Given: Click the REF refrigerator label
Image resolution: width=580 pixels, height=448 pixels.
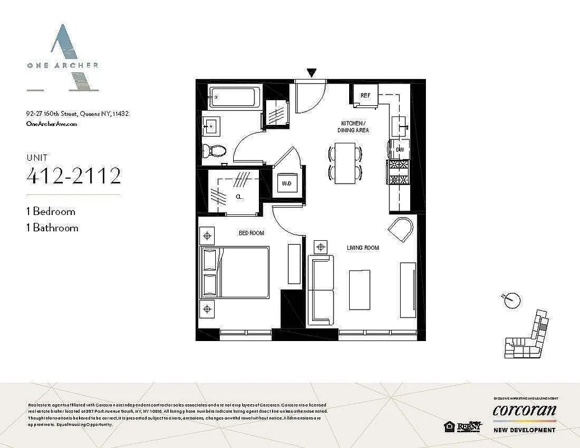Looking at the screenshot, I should (365, 96).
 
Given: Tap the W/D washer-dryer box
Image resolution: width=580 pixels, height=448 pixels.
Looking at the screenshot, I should (286, 183).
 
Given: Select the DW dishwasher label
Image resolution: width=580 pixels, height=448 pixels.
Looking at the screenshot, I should (400, 150).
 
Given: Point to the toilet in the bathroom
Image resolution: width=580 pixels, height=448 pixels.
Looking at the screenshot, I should (214, 150).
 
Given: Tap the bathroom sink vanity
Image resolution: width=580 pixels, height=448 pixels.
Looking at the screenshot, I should (214, 127).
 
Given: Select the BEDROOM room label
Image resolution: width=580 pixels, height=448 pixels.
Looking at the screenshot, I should (251, 233).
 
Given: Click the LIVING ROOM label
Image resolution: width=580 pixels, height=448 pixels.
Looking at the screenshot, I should (363, 248).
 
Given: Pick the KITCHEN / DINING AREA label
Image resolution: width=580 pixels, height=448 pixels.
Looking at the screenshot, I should (354, 126).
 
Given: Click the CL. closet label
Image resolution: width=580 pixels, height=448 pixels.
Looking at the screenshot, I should (239, 197).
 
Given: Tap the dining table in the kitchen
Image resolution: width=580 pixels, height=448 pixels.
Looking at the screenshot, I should (345, 163).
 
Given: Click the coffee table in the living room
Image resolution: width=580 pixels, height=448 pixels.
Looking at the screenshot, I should (359, 290).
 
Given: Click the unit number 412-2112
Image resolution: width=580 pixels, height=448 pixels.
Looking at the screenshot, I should (73, 176).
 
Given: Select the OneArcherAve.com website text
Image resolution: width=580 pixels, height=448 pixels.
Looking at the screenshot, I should (52, 124).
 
